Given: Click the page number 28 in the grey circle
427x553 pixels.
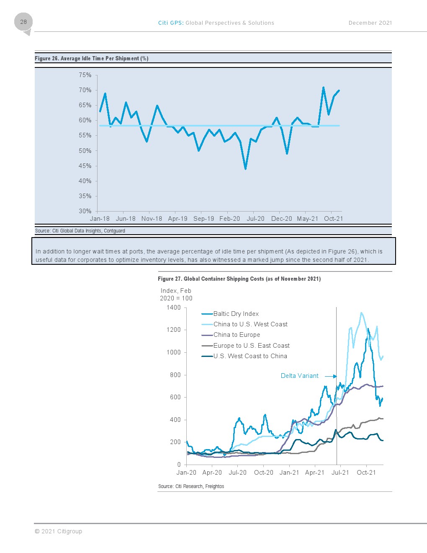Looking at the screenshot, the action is click(x=23, y=22).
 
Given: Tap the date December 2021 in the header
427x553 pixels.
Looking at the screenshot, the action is click(x=370, y=23).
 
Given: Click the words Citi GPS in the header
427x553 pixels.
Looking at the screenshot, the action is click(x=170, y=23).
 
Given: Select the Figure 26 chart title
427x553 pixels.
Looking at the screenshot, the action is click(x=92, y=58).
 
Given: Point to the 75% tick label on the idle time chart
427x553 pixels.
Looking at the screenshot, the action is click(x=85, y=75).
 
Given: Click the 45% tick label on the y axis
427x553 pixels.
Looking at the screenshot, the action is click(x=85, y=166).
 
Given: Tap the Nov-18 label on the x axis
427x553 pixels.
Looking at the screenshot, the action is click(x=152, y=219).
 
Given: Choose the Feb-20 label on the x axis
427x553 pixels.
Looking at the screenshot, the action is click(x=230, y=219).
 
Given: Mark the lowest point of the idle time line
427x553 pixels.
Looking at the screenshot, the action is click(x=245, y=169).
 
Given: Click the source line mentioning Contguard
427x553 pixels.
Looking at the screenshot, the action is click(x=80, y=231).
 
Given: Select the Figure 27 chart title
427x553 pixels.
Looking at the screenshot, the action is click(x=239, y=279).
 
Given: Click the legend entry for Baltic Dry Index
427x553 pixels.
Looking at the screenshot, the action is click(x=230, y=314).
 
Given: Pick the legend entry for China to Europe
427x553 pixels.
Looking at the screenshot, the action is click(x=231, y=335).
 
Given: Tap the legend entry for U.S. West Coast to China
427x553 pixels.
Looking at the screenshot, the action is click(x=244, y=356).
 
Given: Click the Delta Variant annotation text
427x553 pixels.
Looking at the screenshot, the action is click(x=300, y=376).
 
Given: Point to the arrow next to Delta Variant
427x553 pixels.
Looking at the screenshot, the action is click(x=331, y=376).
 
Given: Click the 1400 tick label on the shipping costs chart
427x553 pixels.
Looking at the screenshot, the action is click(x=173, y=308).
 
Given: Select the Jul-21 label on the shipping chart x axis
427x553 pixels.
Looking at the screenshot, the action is click(x=340, y=473).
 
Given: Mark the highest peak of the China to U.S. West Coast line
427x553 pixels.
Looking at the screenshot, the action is click(x=361, y=313).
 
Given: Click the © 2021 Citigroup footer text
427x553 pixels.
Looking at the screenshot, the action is click(x=59, y=531).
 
